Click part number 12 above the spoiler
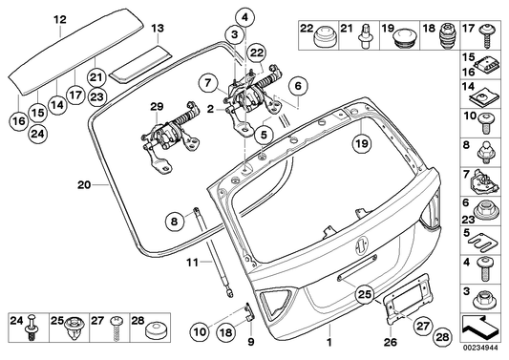coord(59,18)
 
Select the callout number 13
coord(156,29)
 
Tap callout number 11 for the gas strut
coord(191,261)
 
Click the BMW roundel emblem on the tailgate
coord(364,246)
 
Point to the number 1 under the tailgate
coord(329,342)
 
